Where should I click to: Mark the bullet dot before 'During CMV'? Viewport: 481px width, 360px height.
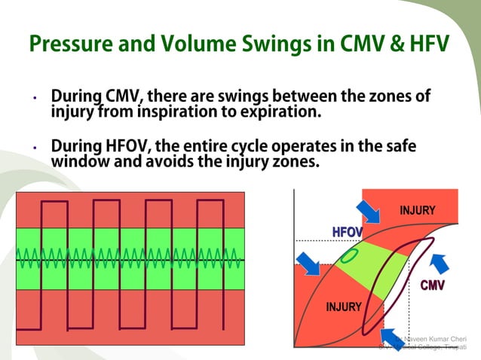pos(34,99)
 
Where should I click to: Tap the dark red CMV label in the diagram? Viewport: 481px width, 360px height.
pos(432,285)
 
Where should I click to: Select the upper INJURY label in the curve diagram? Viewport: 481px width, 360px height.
pos(417,210)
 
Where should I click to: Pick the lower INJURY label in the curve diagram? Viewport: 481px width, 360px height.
pos(343,307)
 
